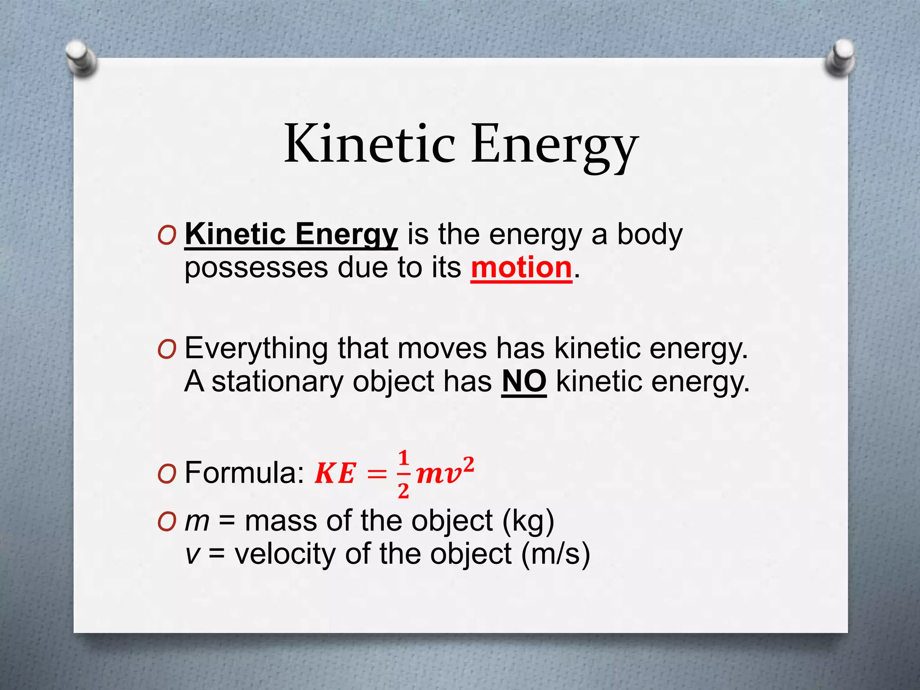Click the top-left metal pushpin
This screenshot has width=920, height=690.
click(81, 57)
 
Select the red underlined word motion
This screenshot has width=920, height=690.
click(521, 268)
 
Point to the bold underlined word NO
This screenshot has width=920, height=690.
click(524, 382)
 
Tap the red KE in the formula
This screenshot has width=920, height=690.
click(335, 473)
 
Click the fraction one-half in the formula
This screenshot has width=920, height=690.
click(403, 474)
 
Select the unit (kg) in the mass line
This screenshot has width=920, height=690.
click(528, 521)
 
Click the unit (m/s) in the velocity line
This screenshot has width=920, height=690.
click(556, 554)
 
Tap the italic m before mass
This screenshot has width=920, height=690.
click(197, 521)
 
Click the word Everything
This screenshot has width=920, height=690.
click(256, 349)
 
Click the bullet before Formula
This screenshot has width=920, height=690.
click(167, 473)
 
